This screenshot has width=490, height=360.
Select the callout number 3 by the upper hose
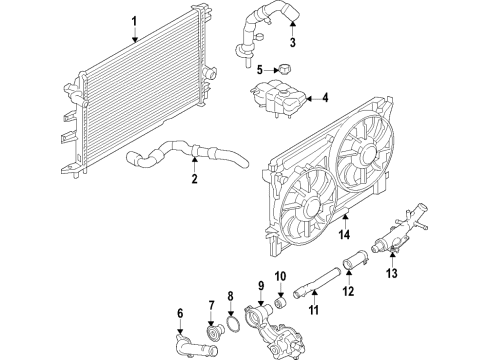[293, 43]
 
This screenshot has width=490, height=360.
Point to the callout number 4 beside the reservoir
[324, 98]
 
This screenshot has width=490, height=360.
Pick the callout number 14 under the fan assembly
[344, 237]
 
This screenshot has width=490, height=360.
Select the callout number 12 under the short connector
[349, 292]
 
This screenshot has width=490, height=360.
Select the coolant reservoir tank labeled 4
[274, 99]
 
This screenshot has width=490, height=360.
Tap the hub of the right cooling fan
[363, 159]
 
